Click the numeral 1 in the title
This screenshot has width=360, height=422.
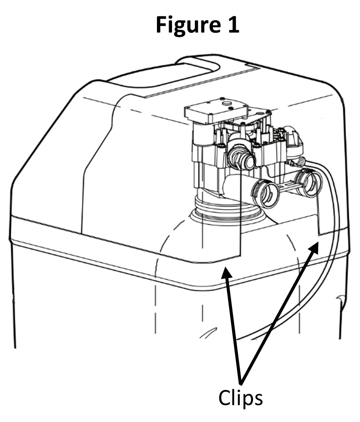[x=233, y=24]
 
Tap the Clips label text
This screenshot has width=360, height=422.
[x=241, y=398]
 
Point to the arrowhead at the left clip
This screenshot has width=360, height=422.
[x=226, y=274]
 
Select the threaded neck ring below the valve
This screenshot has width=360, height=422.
[x=226, y=208]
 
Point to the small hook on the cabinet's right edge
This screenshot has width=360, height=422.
[x=340, y=299]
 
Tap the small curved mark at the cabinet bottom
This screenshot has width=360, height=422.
[x=208, y=333]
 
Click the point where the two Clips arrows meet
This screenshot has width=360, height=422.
[x=241, y=383]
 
